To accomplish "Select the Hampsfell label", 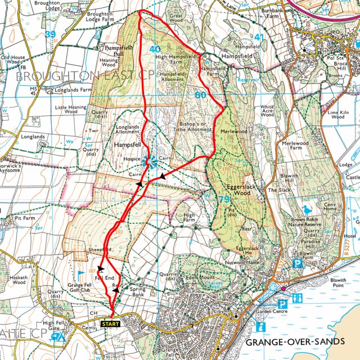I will click(x=128, y=145).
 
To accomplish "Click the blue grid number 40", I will click(x=155, y=49).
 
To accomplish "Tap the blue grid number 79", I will click(x=224, y=199).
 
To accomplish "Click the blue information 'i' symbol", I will click(x=260, y=326).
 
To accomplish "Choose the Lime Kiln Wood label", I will click(x=337, y=115).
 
